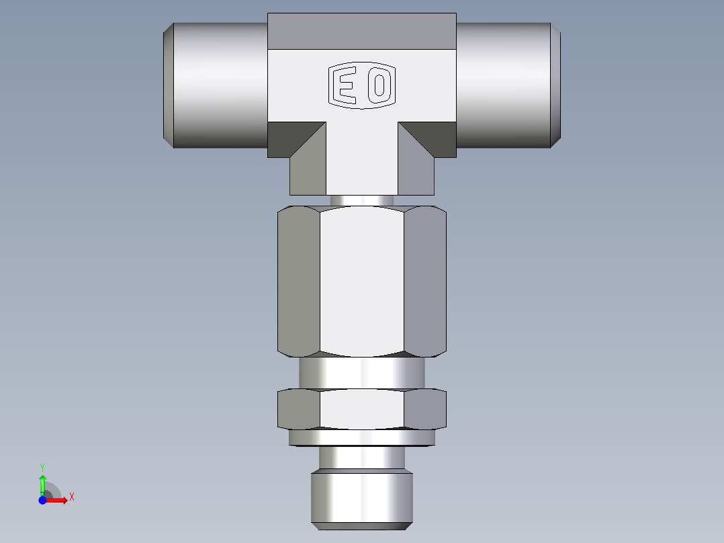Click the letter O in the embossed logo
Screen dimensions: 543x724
[379, 86]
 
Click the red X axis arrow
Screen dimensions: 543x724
[58, 500]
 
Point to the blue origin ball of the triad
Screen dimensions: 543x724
[43, 500]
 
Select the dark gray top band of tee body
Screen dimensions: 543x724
[362, 32]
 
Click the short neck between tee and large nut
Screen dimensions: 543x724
[362, 200]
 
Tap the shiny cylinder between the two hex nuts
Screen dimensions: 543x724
[362, 372]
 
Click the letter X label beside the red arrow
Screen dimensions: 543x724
[71, 497]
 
